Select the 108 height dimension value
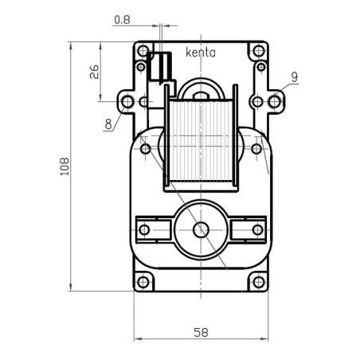[x=64, y=166]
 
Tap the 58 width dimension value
[x=200, y=332]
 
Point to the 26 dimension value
[x=93, y=72]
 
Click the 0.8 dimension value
[x=122, y=18]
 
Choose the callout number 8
[x=108, y=123]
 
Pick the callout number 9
[x=294, y=77]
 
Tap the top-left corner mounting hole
[x=143, y=53]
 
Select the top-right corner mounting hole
[x=257, y=53]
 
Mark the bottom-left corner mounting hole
[x=143, y=282]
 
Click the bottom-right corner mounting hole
[x=257, y=282]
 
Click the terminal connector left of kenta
[x=162, y=67]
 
